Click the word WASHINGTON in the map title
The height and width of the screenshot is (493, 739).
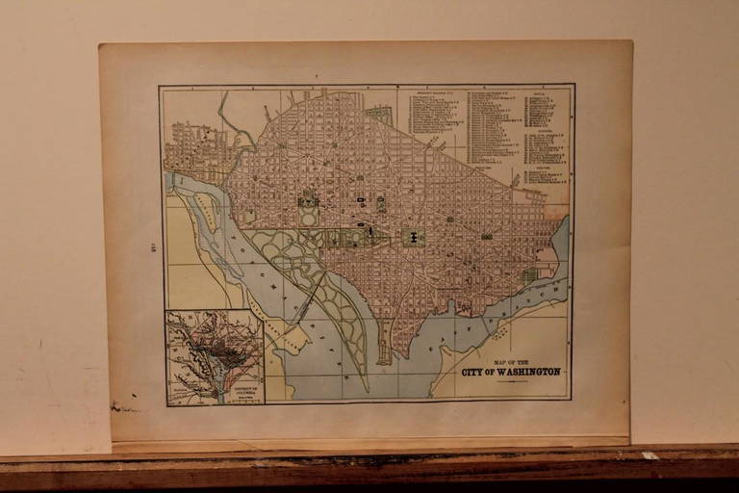coord(523,372)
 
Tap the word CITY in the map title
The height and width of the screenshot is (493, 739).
coord(472,372)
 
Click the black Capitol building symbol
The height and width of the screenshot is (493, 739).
coord(414,237)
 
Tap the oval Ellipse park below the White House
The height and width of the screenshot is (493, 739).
coord(309,217)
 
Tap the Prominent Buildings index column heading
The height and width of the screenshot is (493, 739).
coord(436,94)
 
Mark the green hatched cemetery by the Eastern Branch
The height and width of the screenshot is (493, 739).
coord(530,274)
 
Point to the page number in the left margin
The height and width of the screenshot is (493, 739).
coord(153,246)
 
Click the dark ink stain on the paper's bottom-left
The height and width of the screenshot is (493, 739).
coord(123,408)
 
